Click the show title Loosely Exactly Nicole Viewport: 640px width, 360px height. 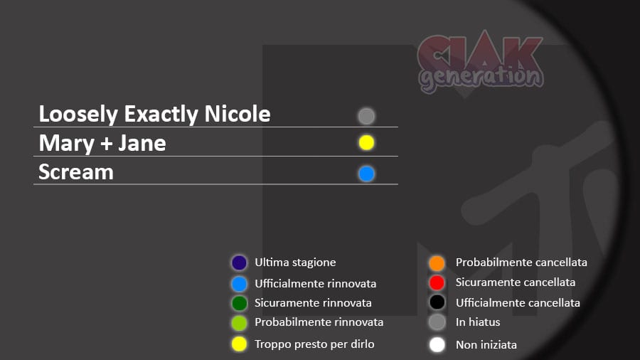155,114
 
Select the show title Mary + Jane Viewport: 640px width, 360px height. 102,143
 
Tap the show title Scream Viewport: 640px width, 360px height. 76,172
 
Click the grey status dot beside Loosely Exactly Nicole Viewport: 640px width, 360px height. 366,117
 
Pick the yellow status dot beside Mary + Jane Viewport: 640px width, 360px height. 366,143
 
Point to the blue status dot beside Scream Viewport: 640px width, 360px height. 366,174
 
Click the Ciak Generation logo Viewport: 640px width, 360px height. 481,62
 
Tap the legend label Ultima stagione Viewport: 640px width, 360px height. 295,263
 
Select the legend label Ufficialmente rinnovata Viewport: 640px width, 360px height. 315,283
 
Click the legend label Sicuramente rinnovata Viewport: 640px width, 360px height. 313,303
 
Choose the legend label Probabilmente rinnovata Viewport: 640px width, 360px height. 319,322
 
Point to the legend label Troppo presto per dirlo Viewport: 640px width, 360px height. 314,344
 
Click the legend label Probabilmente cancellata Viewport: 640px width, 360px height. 521,263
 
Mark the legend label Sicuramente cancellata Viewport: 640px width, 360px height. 516,282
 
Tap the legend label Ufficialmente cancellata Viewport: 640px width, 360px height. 518,303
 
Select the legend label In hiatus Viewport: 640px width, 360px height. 478,322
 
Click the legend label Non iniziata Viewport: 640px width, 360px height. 486,345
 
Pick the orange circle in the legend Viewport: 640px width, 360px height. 437,263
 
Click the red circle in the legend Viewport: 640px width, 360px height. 437,282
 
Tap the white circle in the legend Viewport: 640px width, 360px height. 437,344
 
